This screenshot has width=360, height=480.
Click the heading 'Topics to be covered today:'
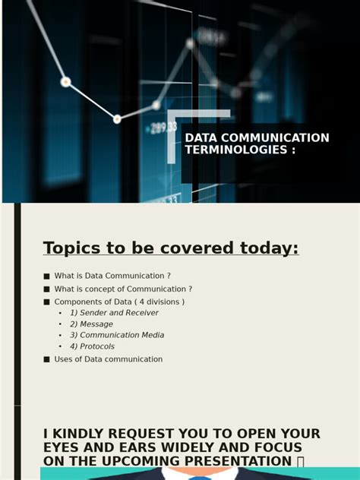coord(171,248)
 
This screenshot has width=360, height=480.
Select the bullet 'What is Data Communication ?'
coord(112,276)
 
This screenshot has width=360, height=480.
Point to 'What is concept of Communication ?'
coord(123,289)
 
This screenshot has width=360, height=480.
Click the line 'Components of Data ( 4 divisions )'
coord(119,302)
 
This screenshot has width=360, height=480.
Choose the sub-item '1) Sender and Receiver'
coord(114,313)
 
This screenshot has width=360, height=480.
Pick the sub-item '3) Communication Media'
coord(117,336)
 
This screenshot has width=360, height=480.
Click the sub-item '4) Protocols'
coord(93,347)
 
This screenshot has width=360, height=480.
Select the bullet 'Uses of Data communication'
coord(109,359)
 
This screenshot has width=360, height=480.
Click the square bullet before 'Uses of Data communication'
coord(46,359)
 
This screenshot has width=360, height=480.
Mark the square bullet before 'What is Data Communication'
coord(46,276)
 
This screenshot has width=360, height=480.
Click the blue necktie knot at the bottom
coord(200,478)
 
